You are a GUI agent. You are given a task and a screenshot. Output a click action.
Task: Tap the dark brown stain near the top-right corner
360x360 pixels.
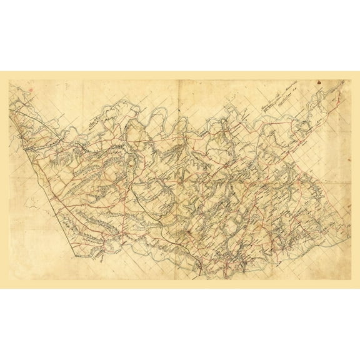(318, 82)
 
